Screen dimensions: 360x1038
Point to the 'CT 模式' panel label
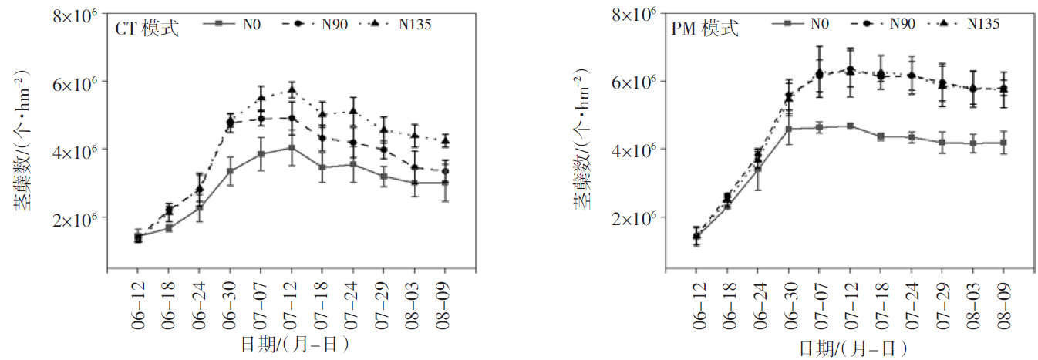(147, 29)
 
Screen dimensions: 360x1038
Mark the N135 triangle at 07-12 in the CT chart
(292, 89)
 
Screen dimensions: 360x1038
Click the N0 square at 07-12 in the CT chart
(292, 147)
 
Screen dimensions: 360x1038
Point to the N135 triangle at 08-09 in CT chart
(445, 140)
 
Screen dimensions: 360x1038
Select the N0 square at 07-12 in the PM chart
(850, 126)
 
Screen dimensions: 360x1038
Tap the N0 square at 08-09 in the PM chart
(1003, 143)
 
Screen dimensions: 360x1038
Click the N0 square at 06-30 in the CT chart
(230, 170)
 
